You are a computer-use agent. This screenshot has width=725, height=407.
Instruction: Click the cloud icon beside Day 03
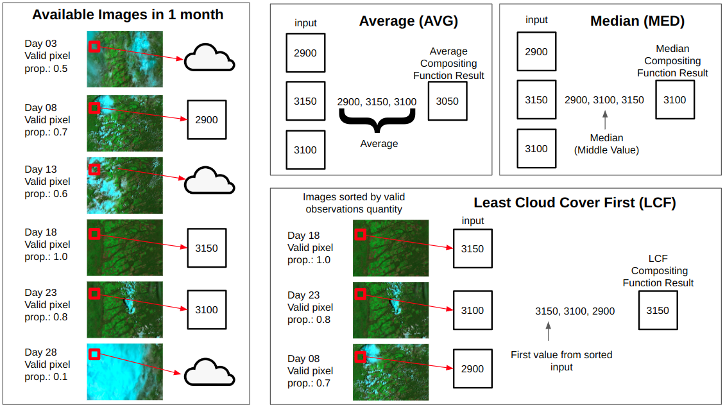pos(209,58)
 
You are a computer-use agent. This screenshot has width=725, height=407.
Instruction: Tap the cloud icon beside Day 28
pos(209,372)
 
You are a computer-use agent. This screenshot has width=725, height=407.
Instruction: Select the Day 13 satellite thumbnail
pos(125,186)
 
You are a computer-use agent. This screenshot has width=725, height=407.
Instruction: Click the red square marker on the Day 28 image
pos(94,354)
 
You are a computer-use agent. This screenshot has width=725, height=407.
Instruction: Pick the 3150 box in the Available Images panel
pos(207,248)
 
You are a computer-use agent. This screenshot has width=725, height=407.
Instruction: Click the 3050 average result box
pos(448,101)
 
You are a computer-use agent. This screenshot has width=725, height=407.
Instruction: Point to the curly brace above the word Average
pos(377,120)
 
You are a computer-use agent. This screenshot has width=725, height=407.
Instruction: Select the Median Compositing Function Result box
pos(675,100)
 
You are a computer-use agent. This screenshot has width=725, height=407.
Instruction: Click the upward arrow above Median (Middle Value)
pos(605,120)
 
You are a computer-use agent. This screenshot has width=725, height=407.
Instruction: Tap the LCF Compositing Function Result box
pos(658,310)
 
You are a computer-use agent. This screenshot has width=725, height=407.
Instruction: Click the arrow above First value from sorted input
pos(549,331)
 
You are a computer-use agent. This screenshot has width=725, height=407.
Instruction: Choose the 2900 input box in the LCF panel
pos(473,368)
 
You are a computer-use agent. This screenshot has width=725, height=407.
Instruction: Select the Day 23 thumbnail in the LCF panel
pos(391,310)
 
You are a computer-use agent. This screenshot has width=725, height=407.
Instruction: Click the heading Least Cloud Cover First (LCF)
pos(575,203)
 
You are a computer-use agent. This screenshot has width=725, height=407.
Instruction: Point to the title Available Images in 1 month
pos(128,15)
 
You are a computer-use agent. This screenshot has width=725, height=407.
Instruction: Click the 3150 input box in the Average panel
pos(305,101)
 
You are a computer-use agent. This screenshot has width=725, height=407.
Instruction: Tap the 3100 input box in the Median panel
pos(536,148)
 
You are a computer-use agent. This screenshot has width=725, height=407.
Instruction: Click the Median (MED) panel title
pos(637,21)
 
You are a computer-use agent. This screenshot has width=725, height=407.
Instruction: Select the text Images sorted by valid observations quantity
pos(354,203)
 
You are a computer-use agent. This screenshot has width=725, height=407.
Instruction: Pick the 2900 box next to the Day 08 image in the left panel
pos(207,120)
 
